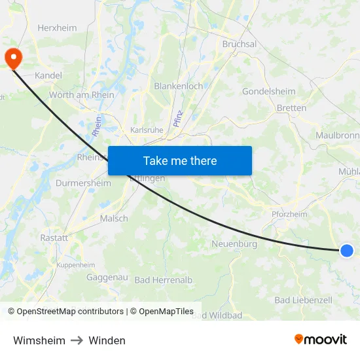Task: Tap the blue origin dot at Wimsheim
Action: click(x=347, y=250)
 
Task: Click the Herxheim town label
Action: click(x=57, y=28)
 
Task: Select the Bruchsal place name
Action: click(x=240, y=45)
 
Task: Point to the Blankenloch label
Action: click(x=178, y=86)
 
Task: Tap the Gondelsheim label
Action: click(x=268, y=92)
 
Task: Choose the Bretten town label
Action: click(x=291, y=108)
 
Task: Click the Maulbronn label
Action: click(x=337, y=135)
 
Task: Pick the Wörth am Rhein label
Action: click(x=82, y=95)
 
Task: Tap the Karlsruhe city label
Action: click(x=147, y=130)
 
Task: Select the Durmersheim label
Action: click(x=83, y=183)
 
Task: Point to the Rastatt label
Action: click(x=54, y=238)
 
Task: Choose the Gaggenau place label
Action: click(x=107, y=278)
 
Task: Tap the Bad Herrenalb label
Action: click(x=164, y=280)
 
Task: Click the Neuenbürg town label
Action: click(x=234, y=244)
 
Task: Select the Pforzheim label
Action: click(x=289, y=214)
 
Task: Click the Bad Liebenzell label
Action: click(x=303, y=300)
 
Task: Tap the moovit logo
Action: click(x=321, y=339)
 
